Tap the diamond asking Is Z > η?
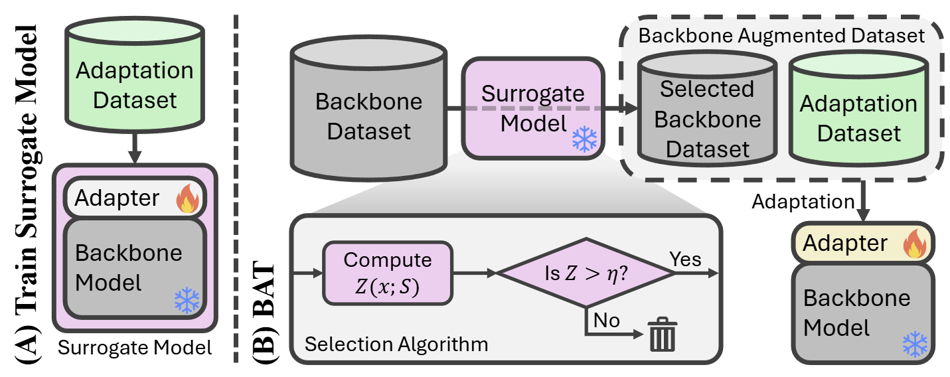click(x=586, y=273)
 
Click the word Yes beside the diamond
click(x=685, y=259)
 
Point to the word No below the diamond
click(x=606, y=321)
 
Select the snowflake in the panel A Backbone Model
click(x=187, y=301)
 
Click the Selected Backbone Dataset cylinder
click(x=706, y=110)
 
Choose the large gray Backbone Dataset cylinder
click(x=369, y=106)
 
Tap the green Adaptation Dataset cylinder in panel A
click(x=135, y=76)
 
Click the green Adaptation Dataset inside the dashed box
click(x=858, y=110)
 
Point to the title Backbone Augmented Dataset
click(x=781, y=37)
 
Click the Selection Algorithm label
click(x=396, y=344)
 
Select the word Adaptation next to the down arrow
click(x=803, y=202)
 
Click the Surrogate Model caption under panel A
click(x=135, y=346)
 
